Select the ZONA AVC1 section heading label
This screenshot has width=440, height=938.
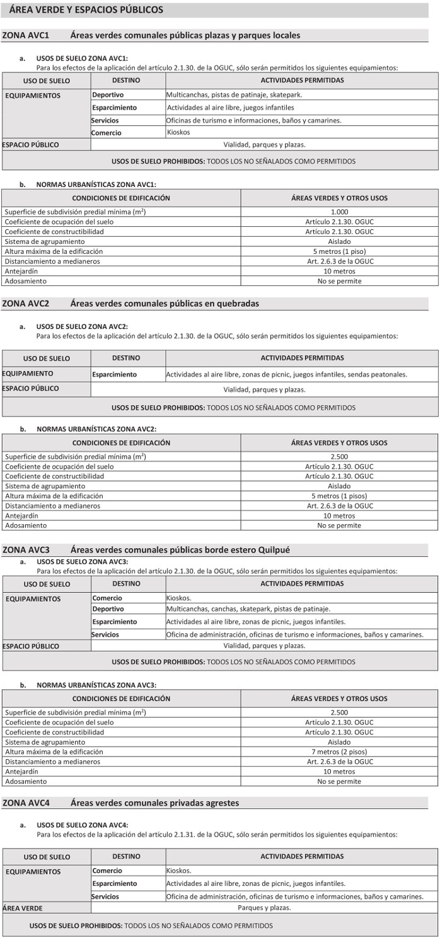pos(26,35)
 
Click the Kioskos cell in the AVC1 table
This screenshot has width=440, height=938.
pos(178,133)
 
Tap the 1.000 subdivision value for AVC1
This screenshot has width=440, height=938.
pos(339,212)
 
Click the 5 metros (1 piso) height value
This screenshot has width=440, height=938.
pos(339,251)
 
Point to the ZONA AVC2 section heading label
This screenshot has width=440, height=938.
pos(26,304)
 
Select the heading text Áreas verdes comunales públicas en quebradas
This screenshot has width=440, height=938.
pos(165,304)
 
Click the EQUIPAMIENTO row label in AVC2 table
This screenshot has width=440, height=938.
pos(28,374)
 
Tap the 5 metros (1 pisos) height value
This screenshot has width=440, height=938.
pos(339,496)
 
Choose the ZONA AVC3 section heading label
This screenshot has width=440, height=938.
pos(26,550)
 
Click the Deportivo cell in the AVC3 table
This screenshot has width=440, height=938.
pos(108,609)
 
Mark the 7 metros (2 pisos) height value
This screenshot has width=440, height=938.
pos(339,752)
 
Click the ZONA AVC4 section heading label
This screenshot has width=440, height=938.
pos(26,803)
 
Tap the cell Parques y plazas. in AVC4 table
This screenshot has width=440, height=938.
pos(264,908)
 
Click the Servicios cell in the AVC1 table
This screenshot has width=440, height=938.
pos(105,120)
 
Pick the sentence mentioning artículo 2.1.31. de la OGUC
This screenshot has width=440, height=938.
pos(217,834)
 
